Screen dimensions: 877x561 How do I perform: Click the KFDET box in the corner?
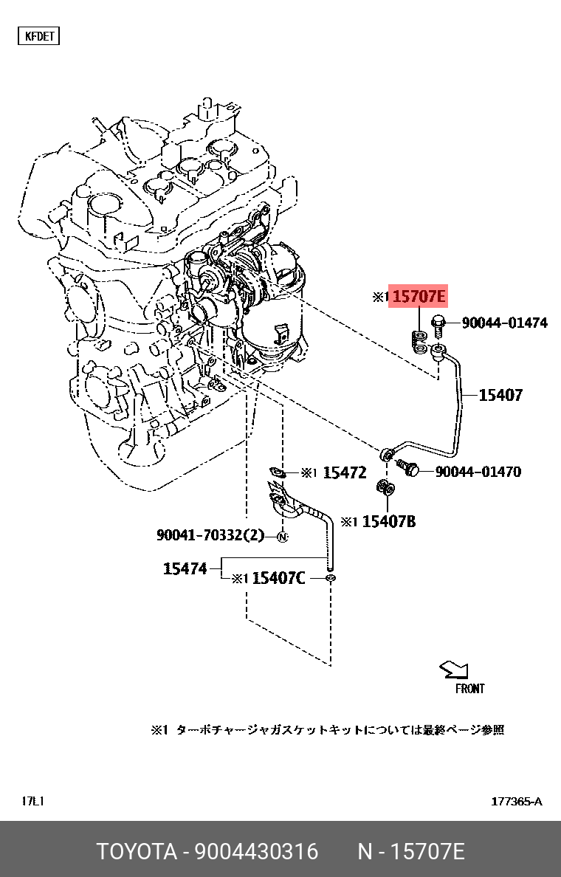(x=38, y=36)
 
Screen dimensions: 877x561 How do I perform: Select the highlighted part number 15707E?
(x=419, y=298)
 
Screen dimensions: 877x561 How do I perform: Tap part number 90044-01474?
(x=505, y=323)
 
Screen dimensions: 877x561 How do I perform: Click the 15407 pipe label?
(x=500, y=395)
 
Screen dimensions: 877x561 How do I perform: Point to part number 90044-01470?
(x=478, y=471)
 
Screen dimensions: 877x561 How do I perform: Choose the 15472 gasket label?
(x=344, y=472)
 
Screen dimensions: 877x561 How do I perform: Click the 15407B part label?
(x=390, y=522)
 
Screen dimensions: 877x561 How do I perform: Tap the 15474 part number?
(x=184, y=568)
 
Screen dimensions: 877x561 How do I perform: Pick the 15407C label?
(x=278, y=578)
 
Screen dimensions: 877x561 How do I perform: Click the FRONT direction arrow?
(x=453, y=669)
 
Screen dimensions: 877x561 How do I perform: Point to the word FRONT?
(x=469, y=689)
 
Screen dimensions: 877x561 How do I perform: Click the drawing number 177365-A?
(x=517, y=802)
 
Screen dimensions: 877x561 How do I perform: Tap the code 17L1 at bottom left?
(x=33, y=802)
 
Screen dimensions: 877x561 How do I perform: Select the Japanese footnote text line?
(x=328, y=730)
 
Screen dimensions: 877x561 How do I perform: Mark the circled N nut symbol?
(x=281, y=537)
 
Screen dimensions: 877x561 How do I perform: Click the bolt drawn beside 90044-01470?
(x=407, y=467)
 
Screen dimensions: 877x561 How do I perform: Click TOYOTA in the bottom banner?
(x=137, y=852)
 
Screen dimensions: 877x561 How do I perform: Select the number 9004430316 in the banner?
(x=256, y=852)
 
